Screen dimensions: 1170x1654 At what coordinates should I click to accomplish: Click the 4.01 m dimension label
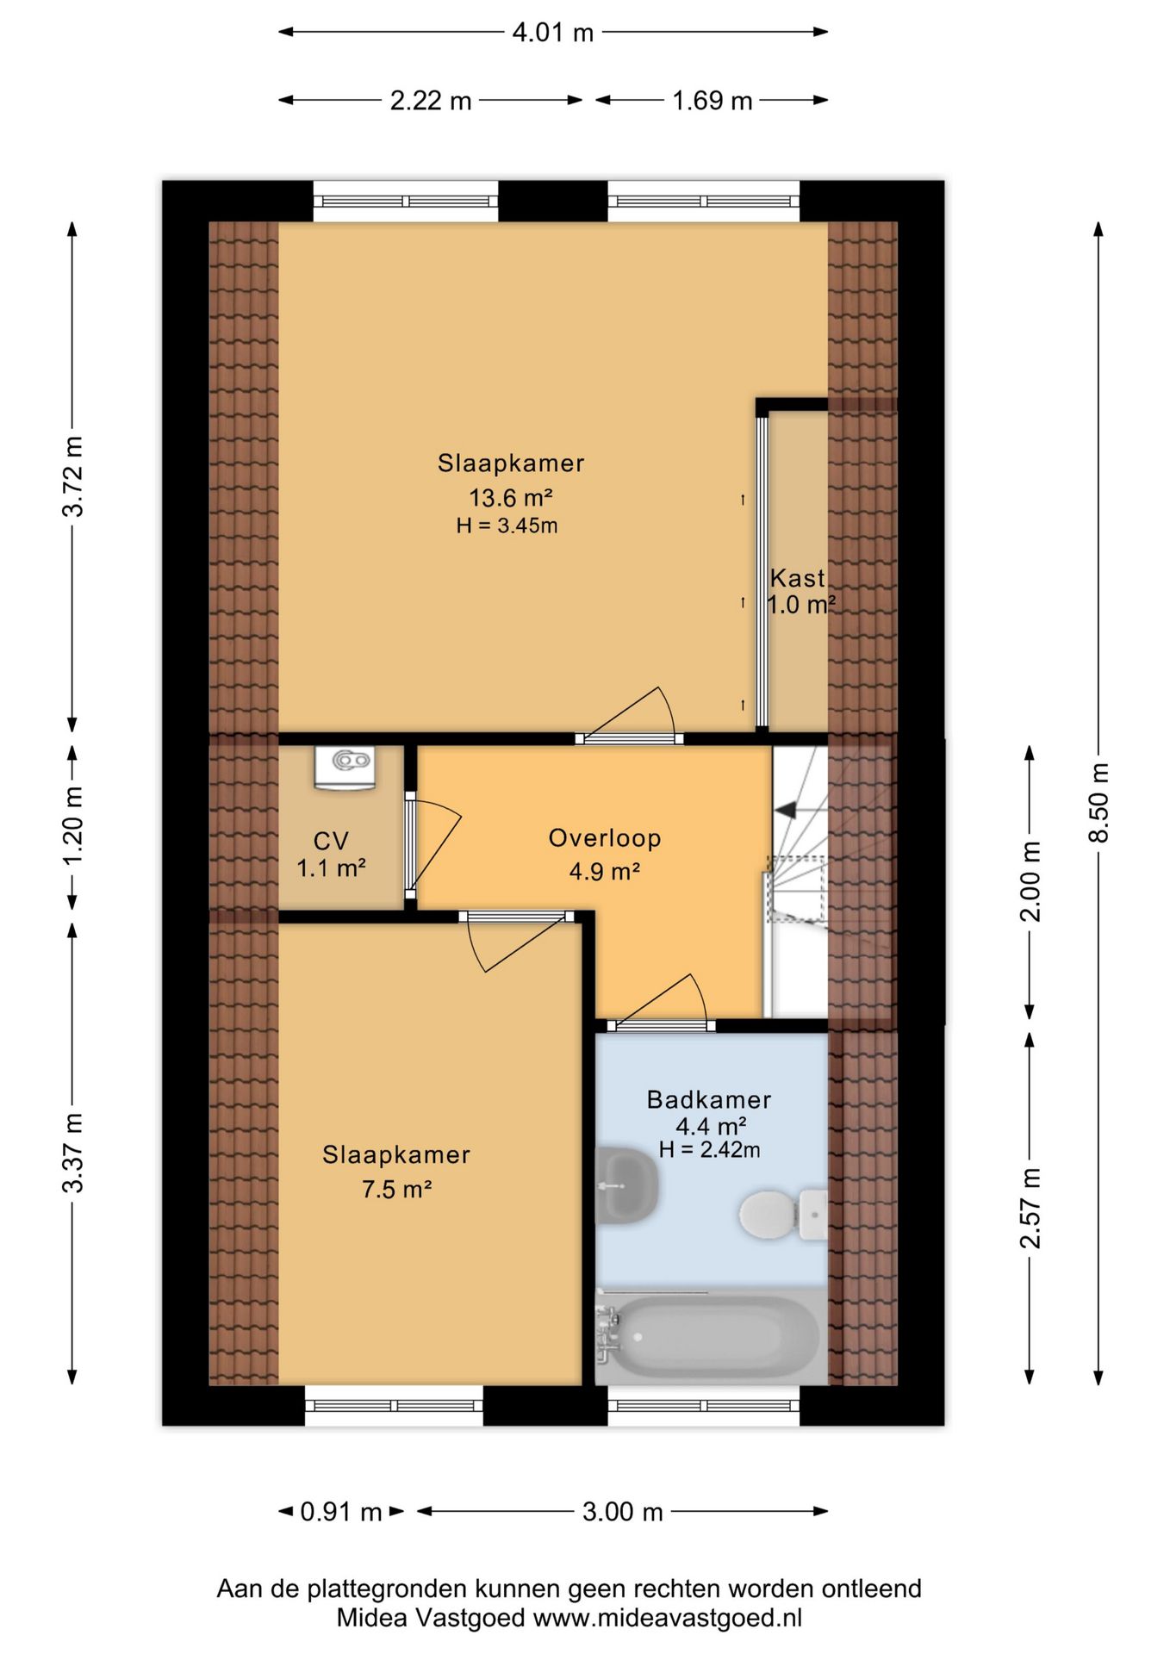(552, 33)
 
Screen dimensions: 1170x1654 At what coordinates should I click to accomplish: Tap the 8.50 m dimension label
(1098, 803)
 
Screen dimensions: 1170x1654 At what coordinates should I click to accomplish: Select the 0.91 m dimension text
(340, 1511)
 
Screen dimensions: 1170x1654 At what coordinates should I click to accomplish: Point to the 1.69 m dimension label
(712, 101)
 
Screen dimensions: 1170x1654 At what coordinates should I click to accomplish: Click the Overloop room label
(605, 838)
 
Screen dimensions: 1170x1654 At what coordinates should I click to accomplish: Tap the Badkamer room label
(709, 1099)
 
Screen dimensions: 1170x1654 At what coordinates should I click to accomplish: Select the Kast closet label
(798, 577)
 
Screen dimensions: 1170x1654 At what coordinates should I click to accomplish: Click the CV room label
(331, 841)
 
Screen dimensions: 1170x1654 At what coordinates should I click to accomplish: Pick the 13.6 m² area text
(510, 497)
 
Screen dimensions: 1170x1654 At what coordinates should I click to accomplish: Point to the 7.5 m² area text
(396, 1190)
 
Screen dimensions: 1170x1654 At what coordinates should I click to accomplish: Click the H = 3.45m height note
(507, 525)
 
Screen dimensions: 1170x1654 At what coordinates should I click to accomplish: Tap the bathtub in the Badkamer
(708, 1336)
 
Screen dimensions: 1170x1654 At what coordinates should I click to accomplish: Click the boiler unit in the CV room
(345, 767)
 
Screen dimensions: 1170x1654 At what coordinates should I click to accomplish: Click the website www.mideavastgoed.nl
(668, 1618)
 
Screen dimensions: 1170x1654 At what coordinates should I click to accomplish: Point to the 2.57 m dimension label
(1030, 1208)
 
